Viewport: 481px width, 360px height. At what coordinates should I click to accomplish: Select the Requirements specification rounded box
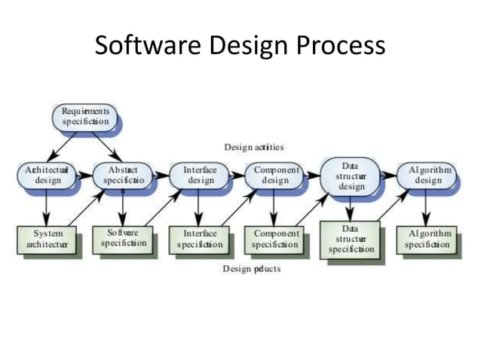pos(85,115)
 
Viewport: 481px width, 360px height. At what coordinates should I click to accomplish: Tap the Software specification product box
pos(122,239)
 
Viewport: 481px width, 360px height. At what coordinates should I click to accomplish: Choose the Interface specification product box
pos(200,239)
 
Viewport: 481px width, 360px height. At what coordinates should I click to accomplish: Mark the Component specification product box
pos(274,239)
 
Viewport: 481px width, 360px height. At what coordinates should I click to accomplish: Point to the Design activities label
pos(253,146)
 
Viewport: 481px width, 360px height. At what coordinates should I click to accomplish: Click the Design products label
pos(251,269)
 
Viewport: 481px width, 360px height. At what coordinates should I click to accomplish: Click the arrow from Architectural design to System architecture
pos(46,208)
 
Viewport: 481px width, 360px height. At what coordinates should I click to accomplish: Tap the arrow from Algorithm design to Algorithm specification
pos(427,208)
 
